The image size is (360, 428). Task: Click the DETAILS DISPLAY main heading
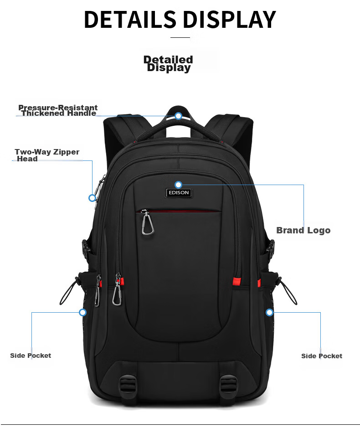pos(180,20)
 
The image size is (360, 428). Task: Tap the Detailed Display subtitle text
pos(168,64)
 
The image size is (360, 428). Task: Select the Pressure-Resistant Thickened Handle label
pos(58,110)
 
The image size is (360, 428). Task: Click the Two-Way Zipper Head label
pos(46,155)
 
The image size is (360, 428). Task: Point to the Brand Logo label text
pos(303,230)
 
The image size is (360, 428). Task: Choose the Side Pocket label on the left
pos(31,356)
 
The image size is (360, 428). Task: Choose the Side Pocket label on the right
pos(321,356)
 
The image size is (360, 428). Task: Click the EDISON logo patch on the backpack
pos(178,193)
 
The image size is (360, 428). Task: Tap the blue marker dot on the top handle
pos(179,116)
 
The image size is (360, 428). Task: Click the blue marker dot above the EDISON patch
pos(178,185)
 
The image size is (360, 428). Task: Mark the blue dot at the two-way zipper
pos(92,198)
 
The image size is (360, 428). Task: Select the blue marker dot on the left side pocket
pos(82,312)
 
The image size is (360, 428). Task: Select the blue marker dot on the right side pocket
pos(269,312)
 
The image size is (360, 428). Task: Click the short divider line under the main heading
pos(180,37)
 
